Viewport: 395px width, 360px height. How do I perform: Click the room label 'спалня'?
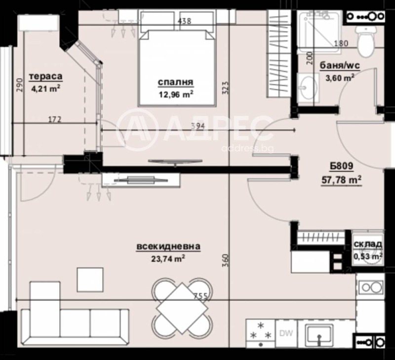coord(175,82)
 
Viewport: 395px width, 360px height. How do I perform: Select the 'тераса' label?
coord(45,76)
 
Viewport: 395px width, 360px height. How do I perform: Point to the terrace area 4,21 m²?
coord(45,88)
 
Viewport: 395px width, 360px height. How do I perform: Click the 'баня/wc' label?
coord(339,66)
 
